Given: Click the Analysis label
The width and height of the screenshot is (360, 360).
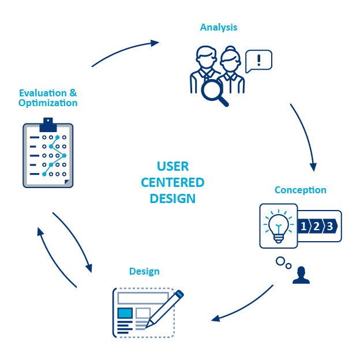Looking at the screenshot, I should pyautogui.click(x=219, y=27).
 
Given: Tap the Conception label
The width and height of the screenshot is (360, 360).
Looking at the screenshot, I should pyautogui.click(x=300, y=190).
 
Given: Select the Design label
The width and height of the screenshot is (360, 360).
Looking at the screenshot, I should pyautogui.click(x=144, y=271).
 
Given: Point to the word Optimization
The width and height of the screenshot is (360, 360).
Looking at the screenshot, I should pyautogui.click(x=48, y=103).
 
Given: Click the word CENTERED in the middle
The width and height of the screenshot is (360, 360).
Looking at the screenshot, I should pyautogui.click(x=172, y=182).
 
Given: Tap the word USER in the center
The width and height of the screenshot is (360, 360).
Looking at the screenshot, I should pyautogui.click(x=172, y=167).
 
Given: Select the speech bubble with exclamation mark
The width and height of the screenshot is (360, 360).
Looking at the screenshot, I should pyautogui.click(x=258, y=61).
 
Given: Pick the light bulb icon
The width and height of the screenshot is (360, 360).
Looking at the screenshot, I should pyautogui.click(x=278, y=226).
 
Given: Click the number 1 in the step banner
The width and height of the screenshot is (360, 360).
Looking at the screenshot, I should pyautogui.click(x=304, y=226).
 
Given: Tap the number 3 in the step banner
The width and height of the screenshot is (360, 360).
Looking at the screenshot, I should pyautogui.click(x=329, y=226).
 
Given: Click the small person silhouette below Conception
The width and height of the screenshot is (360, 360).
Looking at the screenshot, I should pyautogui.click(x=301, y=275).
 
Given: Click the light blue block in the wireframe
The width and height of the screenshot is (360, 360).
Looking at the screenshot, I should pyautogui.click(x=125, y=313).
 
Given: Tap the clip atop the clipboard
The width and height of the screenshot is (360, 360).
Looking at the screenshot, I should pyautogui.click(x=48, y=123).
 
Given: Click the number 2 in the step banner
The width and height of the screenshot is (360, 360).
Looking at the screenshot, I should pyautogui.click(x=317, y=226).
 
